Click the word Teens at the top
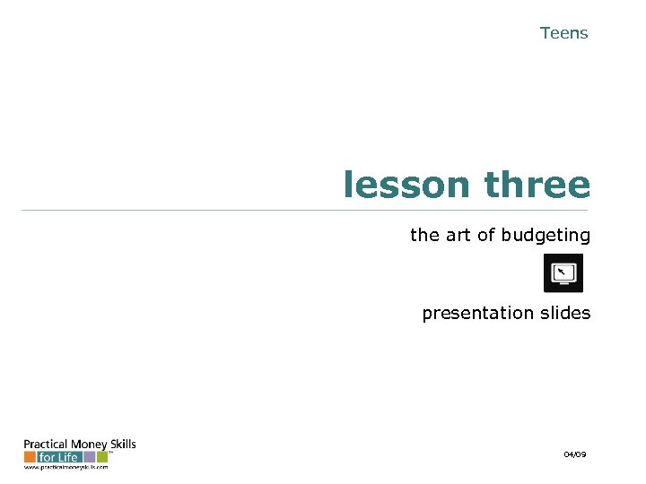[563, 33]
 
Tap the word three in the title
[537, 186]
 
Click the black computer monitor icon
[563, 272]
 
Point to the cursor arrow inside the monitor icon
[561, 271]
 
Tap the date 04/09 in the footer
[575, 455]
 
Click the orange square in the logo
[30, 457]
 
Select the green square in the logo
[101, 457]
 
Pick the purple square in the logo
[90, 457]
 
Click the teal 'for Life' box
[60, 457]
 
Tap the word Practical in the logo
[43, 445]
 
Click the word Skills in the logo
[122, 444]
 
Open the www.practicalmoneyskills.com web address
[65, 467]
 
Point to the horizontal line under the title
[305, 210]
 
